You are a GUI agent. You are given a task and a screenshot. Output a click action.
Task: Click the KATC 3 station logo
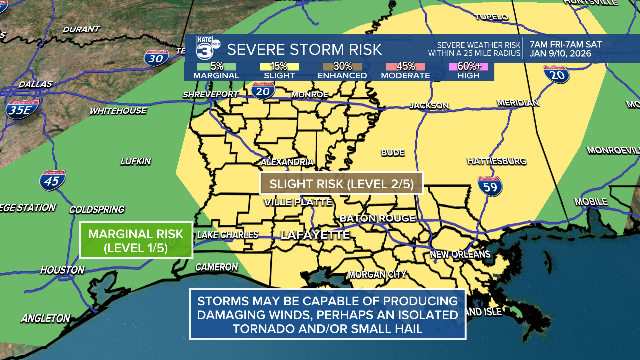pyautogui.click(x=207, y=49)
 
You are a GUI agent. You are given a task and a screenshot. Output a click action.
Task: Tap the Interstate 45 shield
pyautogui.click(x=52, y=180)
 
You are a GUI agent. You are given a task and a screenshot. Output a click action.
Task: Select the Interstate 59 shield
pyautogui.click(x=490, y=186)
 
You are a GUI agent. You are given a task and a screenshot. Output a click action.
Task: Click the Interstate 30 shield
pyautogui.click(x=156, y=58)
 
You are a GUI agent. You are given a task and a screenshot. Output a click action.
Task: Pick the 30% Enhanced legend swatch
pyautogui.click(x=342, y=66)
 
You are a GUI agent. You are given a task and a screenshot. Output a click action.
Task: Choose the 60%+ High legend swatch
pyautogui.click(x=468, y=66)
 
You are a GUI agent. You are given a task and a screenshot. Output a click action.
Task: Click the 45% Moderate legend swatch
pyautogui.click(x=405, y=66)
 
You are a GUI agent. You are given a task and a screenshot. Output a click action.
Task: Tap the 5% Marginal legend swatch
pyautogui.click(x=216, y=66)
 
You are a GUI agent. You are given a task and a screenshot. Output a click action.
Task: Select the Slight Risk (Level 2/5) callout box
pyautogui.click(x=342, y=183)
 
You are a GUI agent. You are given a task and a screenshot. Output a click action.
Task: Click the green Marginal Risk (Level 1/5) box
pyautogui.click(x=136, y=240)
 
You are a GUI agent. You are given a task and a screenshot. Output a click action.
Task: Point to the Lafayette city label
pyautogui.click(x=315, y=235)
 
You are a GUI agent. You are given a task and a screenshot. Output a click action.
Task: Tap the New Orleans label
pyautogui.click(x=460, y=254)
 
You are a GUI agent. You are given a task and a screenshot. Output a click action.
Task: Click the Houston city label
pyautogui.click(x=62, y=270)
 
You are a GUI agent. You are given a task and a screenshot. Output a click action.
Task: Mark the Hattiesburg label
pyautogui.click(x=496, y=161)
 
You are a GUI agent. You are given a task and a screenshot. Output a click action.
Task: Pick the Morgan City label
pyautogui.click(x=377, y=274)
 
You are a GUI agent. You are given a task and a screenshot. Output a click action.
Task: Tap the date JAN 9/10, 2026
pyautogui.click(x=560, y=54)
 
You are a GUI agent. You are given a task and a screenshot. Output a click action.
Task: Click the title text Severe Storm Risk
pyautogui.click(x=304, y=49)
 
